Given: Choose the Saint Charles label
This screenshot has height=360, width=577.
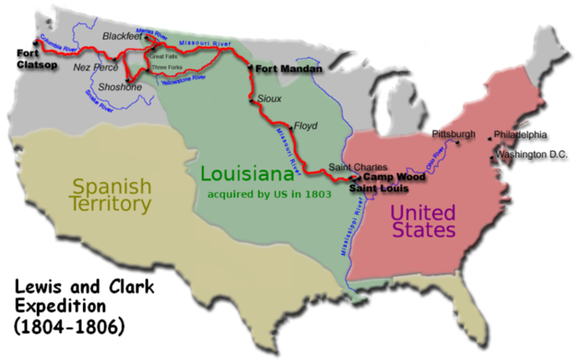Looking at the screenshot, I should pyautogui.click(x=358, y=167).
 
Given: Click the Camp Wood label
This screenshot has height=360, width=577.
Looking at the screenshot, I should pyautogui.click(x=394, y=177).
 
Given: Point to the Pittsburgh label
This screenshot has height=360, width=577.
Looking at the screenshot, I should pyautogui.click(x=453, y=134).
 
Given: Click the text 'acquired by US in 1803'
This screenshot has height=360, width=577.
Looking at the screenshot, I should pyautogui.click(x=270, y=193).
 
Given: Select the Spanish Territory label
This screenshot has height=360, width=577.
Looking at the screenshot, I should pyautogui.click(x=111, y=195).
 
